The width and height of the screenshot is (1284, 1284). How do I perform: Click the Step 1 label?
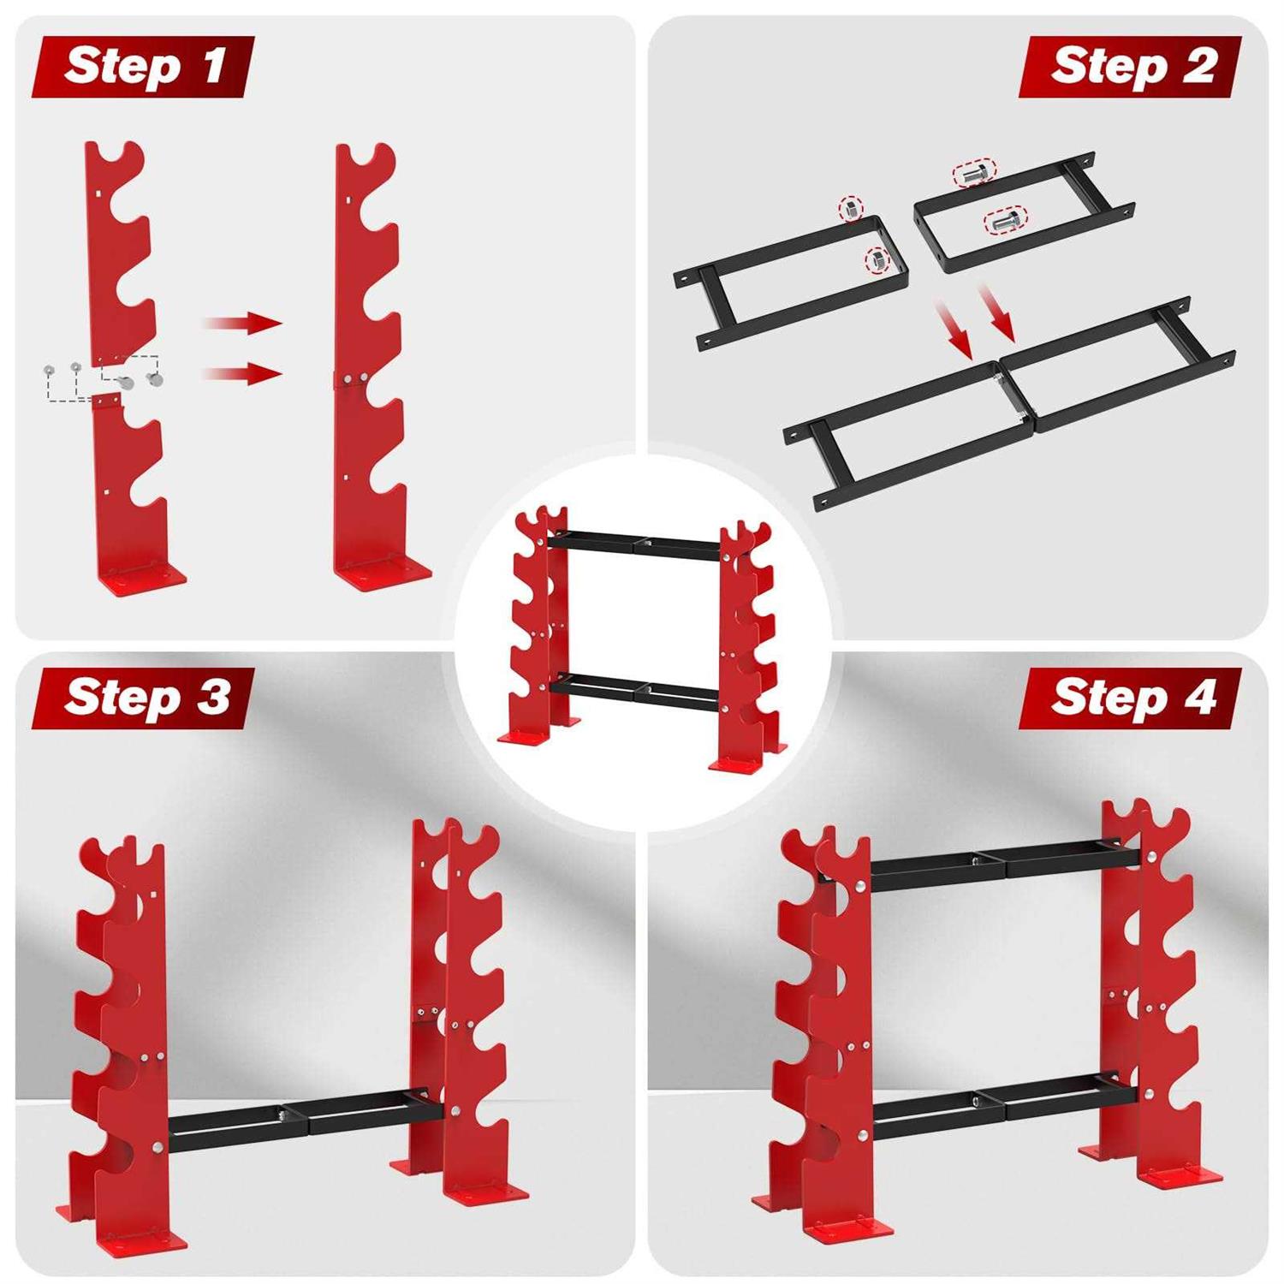click(143, 66)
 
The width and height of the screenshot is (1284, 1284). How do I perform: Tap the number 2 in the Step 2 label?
click(1198, 66)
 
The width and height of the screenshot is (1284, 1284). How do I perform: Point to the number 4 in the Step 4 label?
click(1199, 698)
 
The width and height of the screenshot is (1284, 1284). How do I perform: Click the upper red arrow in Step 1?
click(243, 323)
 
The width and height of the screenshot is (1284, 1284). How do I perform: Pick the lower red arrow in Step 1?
click(243, 373)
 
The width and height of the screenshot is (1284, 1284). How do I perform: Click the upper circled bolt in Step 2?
click(974, 173)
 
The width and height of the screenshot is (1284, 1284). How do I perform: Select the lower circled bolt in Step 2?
click(1006, 222)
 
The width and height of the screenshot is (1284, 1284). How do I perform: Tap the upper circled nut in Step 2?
click(851, 208)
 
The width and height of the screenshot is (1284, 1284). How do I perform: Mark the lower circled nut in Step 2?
click(877, 259)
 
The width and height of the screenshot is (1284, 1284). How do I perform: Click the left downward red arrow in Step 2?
click(954, 330)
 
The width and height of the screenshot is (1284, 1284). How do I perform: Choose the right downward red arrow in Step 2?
click(996, 313)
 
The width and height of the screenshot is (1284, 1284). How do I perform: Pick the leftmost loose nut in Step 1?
click(49, 370)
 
